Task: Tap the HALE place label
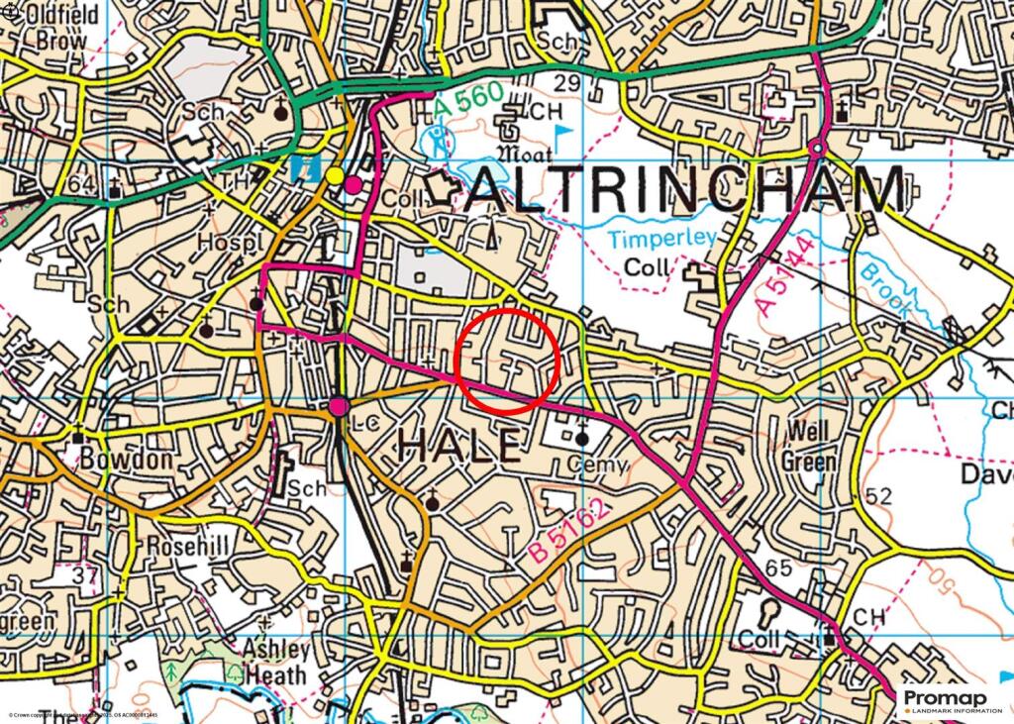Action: point(458,447)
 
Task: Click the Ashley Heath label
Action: point(276,663)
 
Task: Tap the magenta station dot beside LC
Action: point(339,406)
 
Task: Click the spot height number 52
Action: point(877,495)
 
